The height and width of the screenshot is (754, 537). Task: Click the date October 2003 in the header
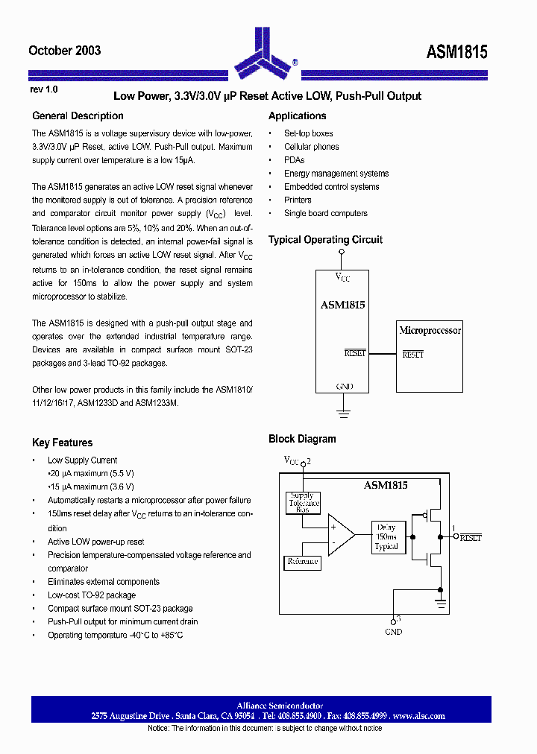pyautogui.click(x=64, y=51)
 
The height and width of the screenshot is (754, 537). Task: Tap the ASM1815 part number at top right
pyautogui.click(x=456, y=51)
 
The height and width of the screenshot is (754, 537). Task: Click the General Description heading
pyautogui.click(x=78, y=116)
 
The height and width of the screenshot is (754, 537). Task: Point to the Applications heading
pyautogui.click(x=297, y=116)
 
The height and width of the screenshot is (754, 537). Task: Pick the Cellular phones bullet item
pyautogui.click(x=311, y=147)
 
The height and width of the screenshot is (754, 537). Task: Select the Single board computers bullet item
pyautogui.click(x=325, y=213)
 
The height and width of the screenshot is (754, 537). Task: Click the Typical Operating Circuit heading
pyautogui.click(x=325, y=240)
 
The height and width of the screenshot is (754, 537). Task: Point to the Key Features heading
pyautogui.click(x=62, y=443)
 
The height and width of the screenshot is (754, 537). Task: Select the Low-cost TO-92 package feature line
pyautogui.click(x=92, y=595)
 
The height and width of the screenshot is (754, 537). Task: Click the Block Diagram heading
pyautogui.click(x=302, y=440)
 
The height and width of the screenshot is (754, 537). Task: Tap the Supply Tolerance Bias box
pyautogui.click(x=304, y=503)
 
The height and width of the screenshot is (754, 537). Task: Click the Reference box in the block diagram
pyautogui.click(x=303, y=561)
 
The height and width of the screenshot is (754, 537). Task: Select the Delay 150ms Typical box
pyautogui.click(x=386, y=536)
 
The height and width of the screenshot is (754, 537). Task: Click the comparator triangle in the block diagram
pyautogui.click(x=339, y=535)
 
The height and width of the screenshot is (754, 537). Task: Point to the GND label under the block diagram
pyautogui.click(x=393, y=632)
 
